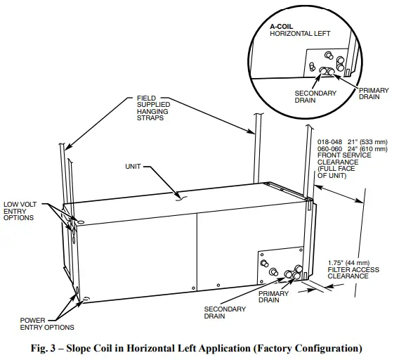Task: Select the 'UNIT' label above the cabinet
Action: tap(134, 167)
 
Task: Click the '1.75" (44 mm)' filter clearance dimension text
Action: tap(353, 262)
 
